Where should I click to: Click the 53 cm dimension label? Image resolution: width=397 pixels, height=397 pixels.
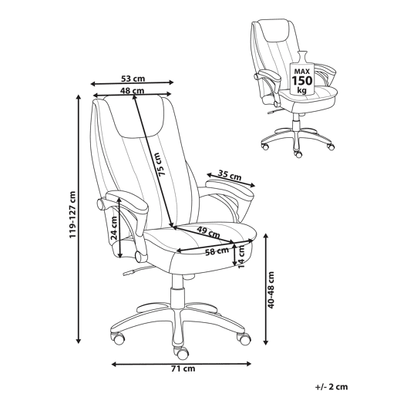click(x=133, y=78)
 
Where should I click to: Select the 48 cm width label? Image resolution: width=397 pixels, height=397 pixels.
click(x=133, y=90)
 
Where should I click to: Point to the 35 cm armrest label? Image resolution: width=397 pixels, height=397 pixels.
click(x=230, y=175)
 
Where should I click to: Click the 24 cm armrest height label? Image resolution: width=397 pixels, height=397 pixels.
click(x=113, y=228)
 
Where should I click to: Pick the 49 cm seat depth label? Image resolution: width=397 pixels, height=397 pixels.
click(x=208, y=231)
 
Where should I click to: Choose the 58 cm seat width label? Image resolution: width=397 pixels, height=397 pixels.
click(x=217, y=251)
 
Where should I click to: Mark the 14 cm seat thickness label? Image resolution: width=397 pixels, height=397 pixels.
click(x=241, y=257)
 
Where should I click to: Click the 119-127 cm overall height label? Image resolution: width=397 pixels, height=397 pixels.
click(x=72, y=214)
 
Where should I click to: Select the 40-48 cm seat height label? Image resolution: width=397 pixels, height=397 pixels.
click(x=271, y=290)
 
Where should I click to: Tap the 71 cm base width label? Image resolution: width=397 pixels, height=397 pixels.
click(x=183, y=368)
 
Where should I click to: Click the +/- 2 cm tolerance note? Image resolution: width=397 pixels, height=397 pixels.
click(x=331, y=387)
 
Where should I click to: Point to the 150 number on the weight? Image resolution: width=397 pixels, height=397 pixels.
click(x=302, y=81)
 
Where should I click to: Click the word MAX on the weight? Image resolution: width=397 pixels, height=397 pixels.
click(x=302, y=71)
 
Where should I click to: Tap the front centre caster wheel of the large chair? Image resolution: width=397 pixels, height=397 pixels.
click(x=180, y=352)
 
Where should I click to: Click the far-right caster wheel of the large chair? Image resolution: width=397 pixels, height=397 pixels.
click(x=243, y=338)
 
